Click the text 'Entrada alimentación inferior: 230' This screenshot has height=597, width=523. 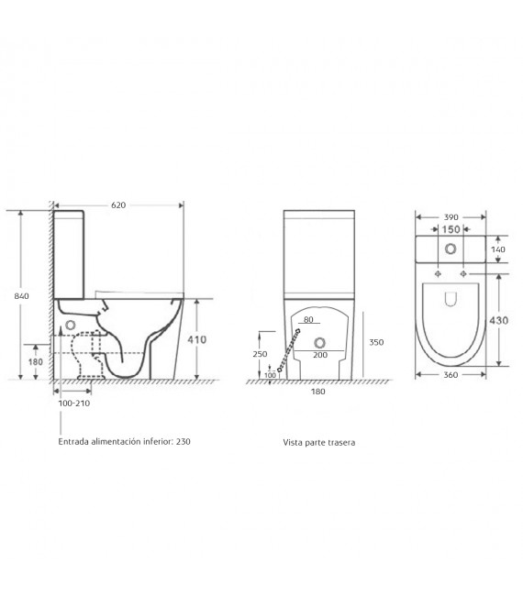[x=125, y=441]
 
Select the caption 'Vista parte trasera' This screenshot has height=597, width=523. [x=318, y=442]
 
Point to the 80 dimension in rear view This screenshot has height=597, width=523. [x=309, y=321]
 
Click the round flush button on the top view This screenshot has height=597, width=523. [x=450, y=249]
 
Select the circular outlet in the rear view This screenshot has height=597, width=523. [x=320, y=343]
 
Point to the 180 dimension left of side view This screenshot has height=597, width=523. [x=36, y=362]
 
